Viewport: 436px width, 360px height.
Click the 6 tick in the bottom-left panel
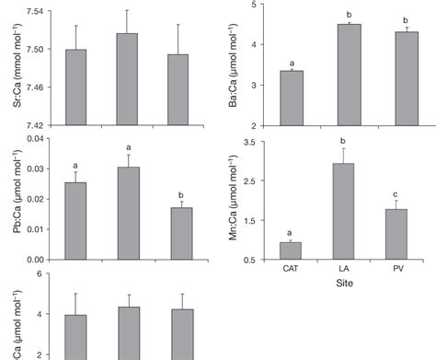coord(40,274)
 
